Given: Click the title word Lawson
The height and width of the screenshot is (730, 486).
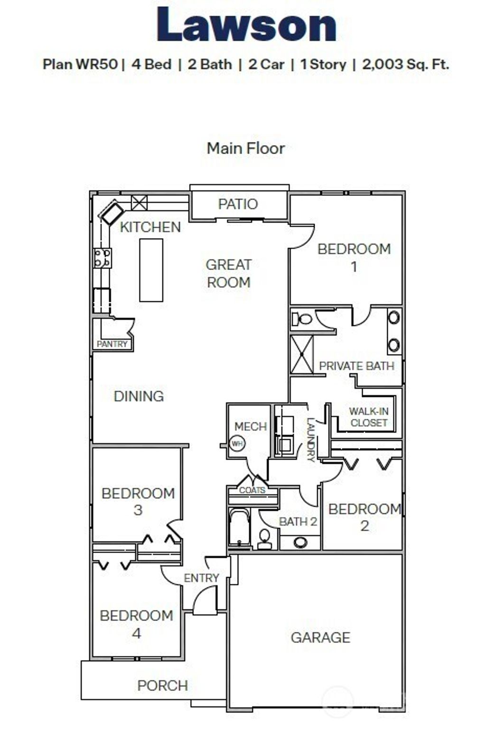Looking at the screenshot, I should pos(246,25).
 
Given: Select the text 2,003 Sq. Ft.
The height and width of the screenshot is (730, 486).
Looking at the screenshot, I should pos(405,64).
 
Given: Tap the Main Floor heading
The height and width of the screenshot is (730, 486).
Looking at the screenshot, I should pos(245,148).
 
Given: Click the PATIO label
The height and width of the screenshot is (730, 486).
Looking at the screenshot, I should pos(238,204).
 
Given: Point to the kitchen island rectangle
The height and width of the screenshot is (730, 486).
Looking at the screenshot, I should pos(151,270).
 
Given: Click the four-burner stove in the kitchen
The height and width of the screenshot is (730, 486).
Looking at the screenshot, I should pos(103,258).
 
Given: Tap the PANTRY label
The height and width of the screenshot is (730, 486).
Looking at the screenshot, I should pos(112,344).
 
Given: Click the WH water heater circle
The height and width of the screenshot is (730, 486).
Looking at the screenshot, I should pos(237,444).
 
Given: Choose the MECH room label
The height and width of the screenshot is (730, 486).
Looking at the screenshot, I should pos(250,426).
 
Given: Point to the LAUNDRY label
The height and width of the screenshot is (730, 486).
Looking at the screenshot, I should pos(310,439).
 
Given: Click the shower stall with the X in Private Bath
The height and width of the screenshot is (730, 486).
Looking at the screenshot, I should pos(302,354).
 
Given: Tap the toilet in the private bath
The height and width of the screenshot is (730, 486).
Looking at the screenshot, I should pos(302,318).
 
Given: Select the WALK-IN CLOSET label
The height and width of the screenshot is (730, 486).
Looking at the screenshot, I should pos(368,417).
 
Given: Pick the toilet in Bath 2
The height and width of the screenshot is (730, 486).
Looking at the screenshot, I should pos(264,538).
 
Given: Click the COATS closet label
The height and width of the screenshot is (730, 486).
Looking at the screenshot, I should pos(252,490).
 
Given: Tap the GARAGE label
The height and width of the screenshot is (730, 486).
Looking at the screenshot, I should pos(320,637).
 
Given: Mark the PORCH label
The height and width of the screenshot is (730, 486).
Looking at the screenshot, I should pos(162,685).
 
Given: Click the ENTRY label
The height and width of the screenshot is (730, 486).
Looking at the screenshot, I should pos(201,578).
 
